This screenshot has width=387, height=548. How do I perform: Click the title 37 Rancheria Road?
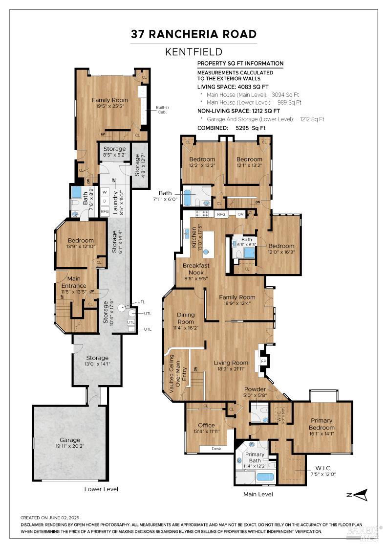pos(193,34)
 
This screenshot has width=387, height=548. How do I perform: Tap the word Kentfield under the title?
pos(193,52)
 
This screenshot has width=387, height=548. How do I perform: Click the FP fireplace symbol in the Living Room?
pos(264,361)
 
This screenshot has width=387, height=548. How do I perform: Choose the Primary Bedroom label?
pos(322,424)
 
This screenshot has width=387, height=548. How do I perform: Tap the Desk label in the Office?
pos(216,449)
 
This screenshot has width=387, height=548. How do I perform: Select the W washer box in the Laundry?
pos(105,192)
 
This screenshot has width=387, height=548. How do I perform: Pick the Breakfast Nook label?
pos(196,269)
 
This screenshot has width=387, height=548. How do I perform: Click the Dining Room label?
pos(186,318)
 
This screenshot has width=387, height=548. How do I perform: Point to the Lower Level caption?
pos(101,489)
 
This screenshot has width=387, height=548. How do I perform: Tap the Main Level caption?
pos(258,494)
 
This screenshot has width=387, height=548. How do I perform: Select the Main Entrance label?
pos(73,282)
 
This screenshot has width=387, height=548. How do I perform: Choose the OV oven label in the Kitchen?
pos(240,214)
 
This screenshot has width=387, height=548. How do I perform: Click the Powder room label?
pos(256,390)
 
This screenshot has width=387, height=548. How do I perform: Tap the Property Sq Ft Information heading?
pos(240,63)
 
